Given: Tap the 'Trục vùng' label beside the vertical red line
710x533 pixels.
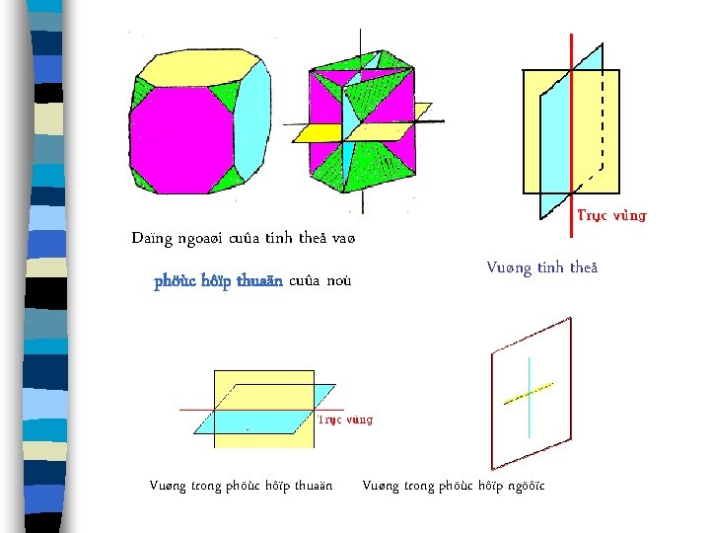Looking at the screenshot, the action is pos(611,215).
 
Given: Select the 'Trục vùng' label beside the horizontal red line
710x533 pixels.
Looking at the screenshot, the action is pos(344,419).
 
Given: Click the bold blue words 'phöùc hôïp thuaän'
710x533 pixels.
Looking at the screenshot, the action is pos(218,281).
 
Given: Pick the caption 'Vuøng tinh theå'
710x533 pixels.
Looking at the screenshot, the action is pos(541,267).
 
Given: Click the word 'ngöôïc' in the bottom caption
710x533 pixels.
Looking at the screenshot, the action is pos(523,486).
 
